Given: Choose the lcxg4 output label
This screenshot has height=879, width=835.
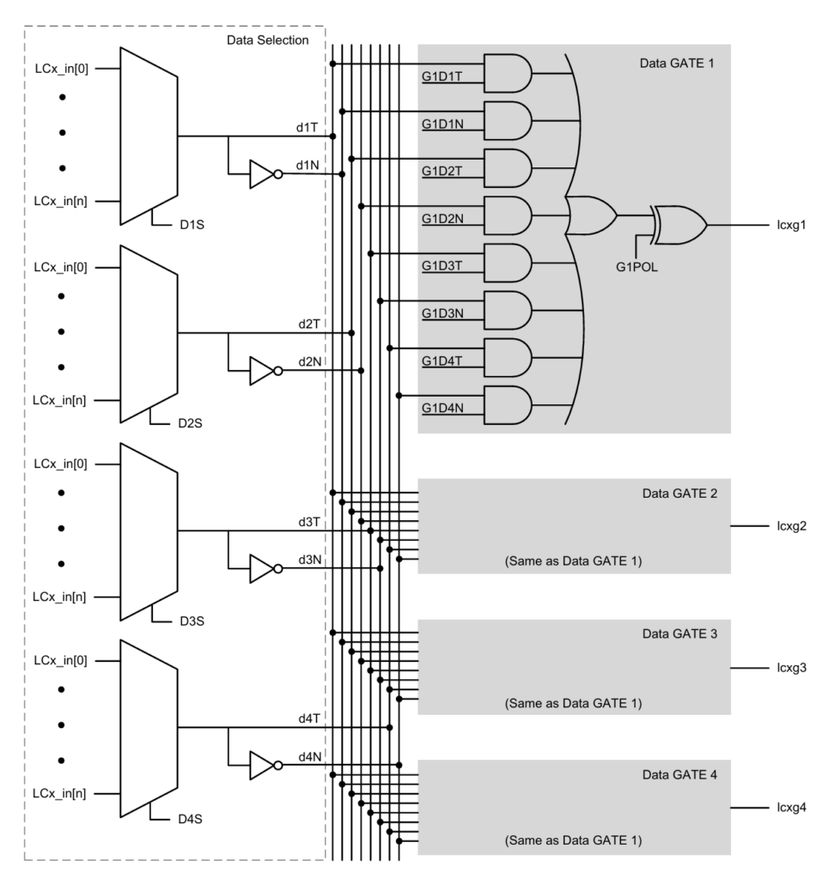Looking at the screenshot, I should coord(789,808).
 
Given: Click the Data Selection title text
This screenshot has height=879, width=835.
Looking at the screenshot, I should coord(267,40).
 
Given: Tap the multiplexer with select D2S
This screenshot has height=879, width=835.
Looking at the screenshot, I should coord(149,334).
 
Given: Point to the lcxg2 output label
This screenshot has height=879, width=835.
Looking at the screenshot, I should coord(789,524).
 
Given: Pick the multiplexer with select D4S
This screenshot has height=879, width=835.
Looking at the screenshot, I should coord(149,728).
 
